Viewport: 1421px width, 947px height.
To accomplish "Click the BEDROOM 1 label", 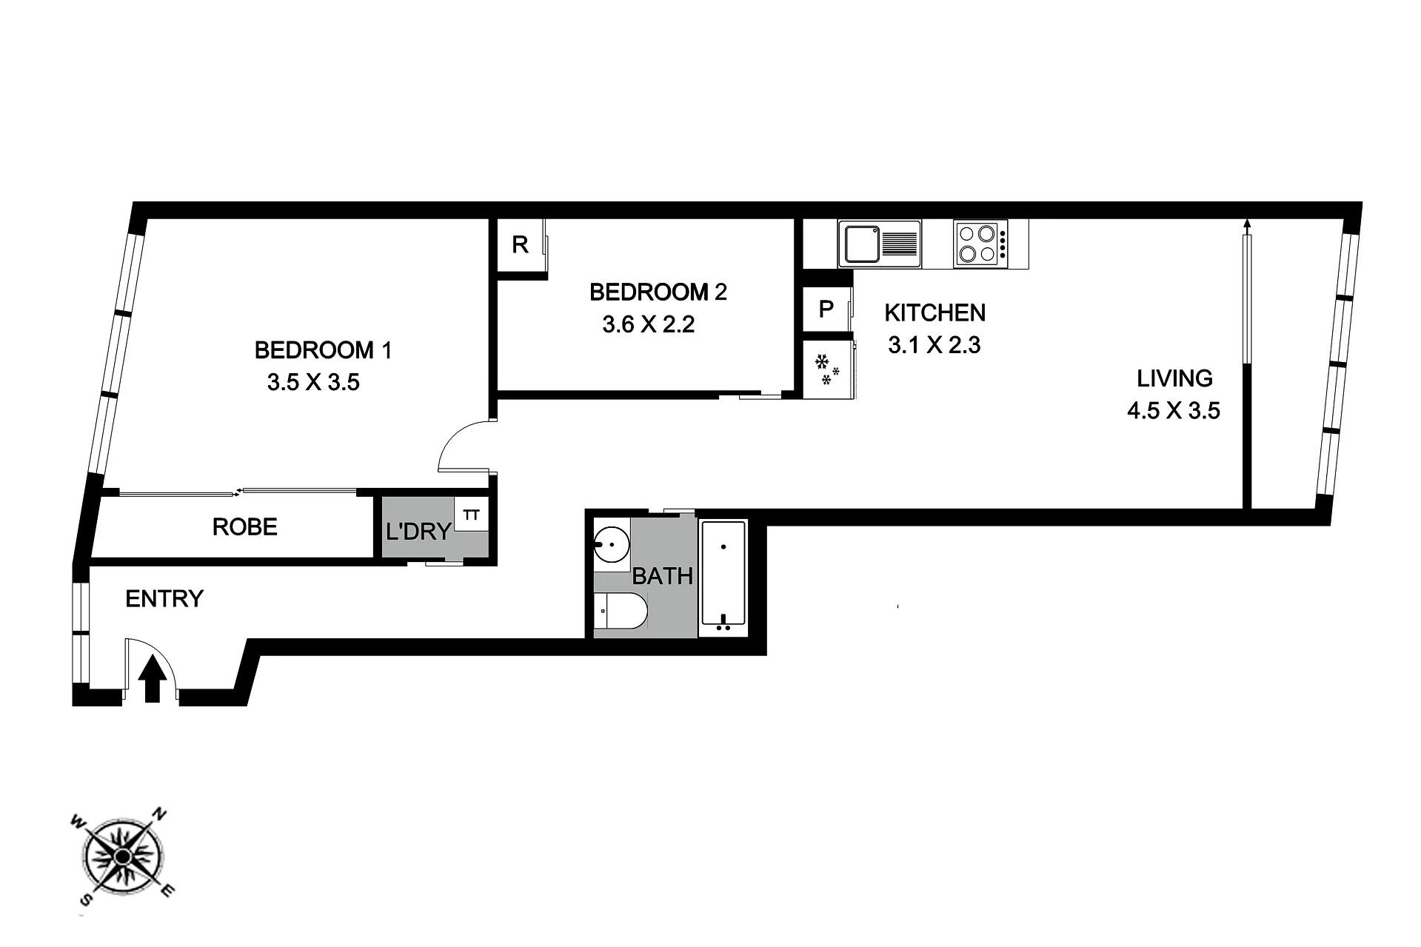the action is pos(323,349).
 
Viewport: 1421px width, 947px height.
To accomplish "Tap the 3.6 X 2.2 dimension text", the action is pos(649,324).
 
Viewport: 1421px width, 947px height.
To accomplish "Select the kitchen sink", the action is pos(880,243).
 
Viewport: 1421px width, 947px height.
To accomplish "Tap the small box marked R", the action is pos(521,245).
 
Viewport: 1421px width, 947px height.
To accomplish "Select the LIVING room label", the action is pos(1174,378).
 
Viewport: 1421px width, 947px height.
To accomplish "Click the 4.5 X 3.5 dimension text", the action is pos(1173,410).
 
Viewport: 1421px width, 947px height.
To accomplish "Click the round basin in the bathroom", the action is pos(611,545).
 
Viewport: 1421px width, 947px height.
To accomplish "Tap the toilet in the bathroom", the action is pos(621,612).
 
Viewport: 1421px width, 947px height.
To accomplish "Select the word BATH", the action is pos(663,576).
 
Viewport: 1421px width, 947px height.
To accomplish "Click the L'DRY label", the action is pos(418,531).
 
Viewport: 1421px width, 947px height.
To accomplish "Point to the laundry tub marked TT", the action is pos(471,515).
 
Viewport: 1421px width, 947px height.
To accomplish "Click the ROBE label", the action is pos(244,527).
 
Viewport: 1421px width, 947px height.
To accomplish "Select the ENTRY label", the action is pos(164,598).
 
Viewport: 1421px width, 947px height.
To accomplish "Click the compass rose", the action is pos(123,857).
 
